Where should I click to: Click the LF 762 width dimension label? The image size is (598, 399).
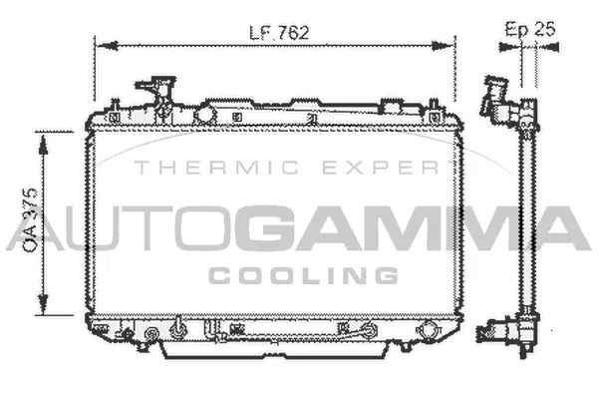pyautogui.click(x=279, y=33)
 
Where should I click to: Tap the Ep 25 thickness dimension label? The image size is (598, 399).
pyautogui.click(x=530, y=29)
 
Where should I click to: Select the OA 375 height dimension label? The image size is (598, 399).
pyautogui.click(x=30, y=219)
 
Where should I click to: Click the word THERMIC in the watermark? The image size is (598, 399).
pyautogui.click(x=216, y=168)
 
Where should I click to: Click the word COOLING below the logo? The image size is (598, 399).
pyautogui.click(x=304, y=275)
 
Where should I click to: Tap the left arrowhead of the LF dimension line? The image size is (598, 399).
pyautogui.click(x=108, y=46)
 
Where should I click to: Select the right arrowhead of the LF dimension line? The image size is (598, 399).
pyautogui.click(x=444, y=46)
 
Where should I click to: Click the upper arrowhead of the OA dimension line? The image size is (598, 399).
pyautogui.click(x=44, y=145)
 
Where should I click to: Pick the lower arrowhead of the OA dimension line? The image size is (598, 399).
pyautogui.click(x=44, y=304)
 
